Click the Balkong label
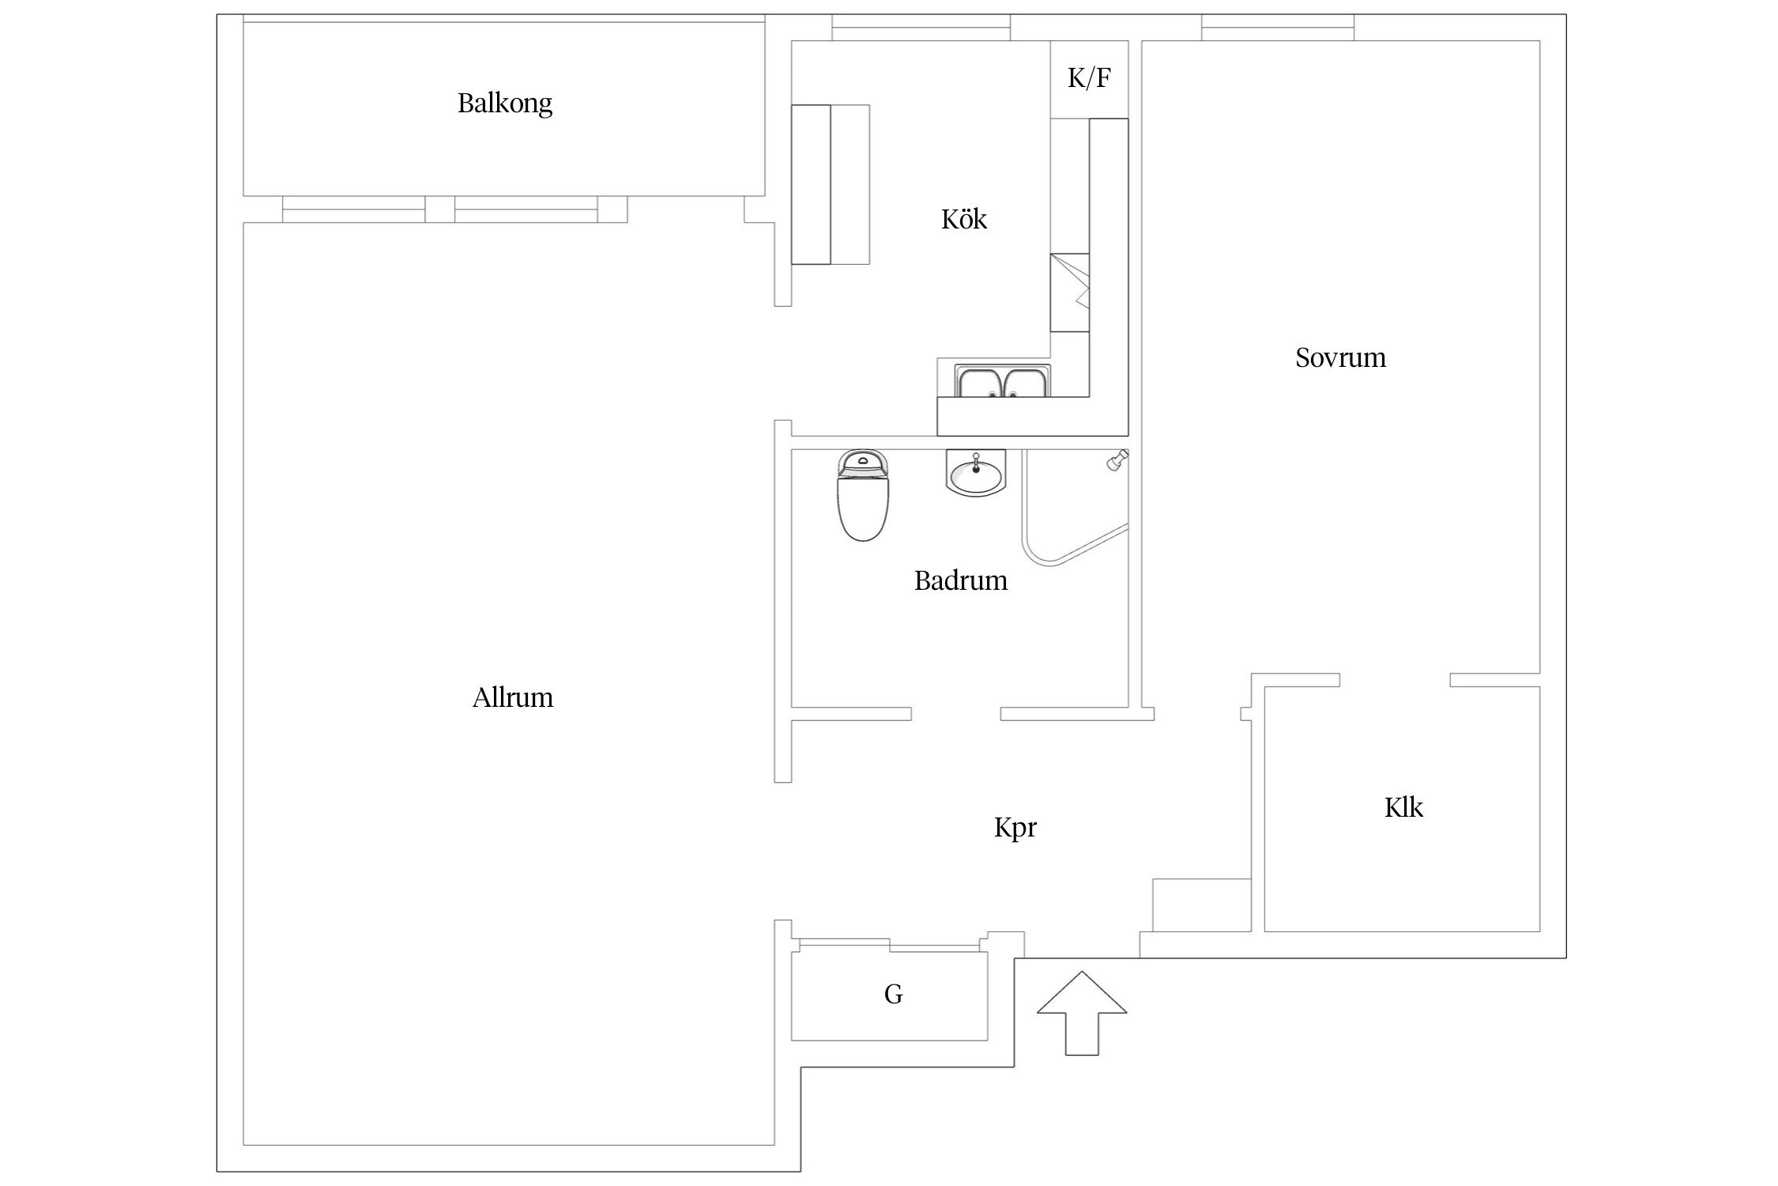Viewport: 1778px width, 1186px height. pos(505,104)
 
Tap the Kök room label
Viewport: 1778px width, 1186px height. pos(964,219)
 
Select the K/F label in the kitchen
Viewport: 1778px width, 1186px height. pos(1089,78)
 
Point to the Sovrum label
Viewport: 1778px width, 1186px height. pos(1340,358)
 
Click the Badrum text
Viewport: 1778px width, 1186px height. pos(961,581)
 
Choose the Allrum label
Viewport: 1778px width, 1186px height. pos(513,697)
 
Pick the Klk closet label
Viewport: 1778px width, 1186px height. pos(1403,807)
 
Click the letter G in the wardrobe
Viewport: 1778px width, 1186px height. pos(893,994)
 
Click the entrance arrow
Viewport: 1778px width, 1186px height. pos(1081,1013)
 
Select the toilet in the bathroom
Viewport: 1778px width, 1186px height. pos(863,495)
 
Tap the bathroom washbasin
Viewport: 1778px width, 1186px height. pos(976,473)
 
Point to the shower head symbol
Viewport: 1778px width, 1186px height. pos(1117,461)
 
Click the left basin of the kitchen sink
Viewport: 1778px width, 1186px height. pos(980,383)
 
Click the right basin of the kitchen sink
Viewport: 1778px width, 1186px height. pos(1025,383)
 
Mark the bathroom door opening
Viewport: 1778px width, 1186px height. pos(956,714)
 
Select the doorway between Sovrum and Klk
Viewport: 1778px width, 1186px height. pos(1395,680)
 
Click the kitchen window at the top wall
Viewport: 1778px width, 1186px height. pos(921,28)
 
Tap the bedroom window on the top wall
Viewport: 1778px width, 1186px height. pos(1278,28)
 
